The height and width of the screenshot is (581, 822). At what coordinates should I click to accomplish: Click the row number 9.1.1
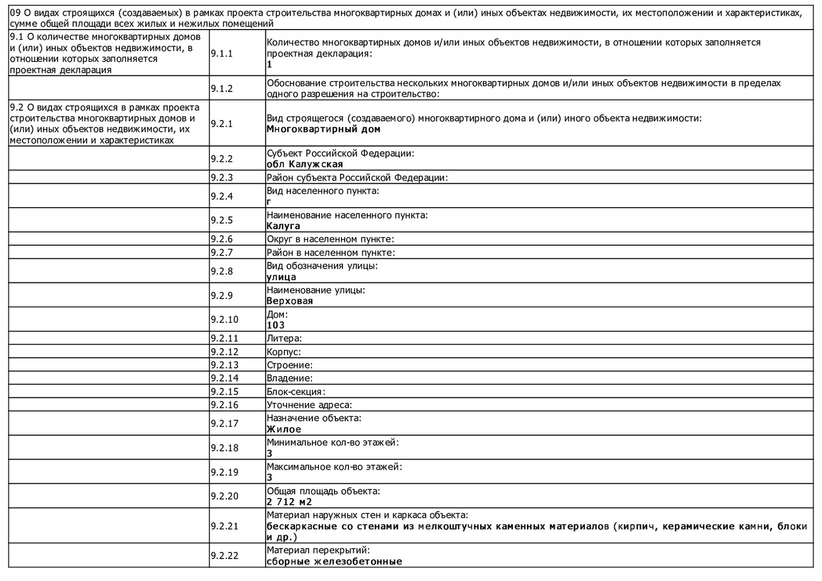click(x=221, y=53)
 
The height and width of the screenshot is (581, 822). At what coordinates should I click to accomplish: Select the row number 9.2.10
click(x=224, y=320)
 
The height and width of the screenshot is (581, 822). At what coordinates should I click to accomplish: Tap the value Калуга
click(x=283, y=226)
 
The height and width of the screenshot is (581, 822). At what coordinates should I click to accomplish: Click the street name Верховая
click(x=289, y=301)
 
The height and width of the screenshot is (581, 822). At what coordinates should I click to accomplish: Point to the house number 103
click(x=276, y=325)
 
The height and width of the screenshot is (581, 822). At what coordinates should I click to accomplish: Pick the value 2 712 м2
click(x=289, y=502)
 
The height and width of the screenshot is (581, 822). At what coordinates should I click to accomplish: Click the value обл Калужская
click(x=305, y=164)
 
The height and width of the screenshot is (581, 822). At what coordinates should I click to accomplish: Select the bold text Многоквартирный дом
click(x=323, y=129)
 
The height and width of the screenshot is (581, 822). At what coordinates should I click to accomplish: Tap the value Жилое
click(x=284, y=429)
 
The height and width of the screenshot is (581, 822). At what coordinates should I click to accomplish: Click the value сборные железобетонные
click(x=334, y=561)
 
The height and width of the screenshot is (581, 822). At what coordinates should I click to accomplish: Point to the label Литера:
click(x=284, y=338)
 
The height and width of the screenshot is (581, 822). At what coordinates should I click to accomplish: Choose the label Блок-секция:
click(x=296, y=391)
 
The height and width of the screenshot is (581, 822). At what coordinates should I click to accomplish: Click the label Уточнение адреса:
click(x=309, y=405)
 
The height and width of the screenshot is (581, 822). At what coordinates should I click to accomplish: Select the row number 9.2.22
click(x=224, y=556)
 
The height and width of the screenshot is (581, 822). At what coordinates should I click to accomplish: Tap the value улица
click(x=281, y=277)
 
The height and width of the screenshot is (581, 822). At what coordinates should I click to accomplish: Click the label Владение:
click(x=289, y=378)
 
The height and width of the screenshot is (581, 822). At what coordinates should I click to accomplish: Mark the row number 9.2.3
click(x=221, y=178)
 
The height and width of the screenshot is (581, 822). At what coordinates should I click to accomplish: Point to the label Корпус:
click(x=283, y=352)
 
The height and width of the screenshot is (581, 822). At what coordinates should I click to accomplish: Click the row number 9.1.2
click(x=221, y=89)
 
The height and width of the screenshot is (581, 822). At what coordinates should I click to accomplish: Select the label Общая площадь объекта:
click(x=323, y=491)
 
